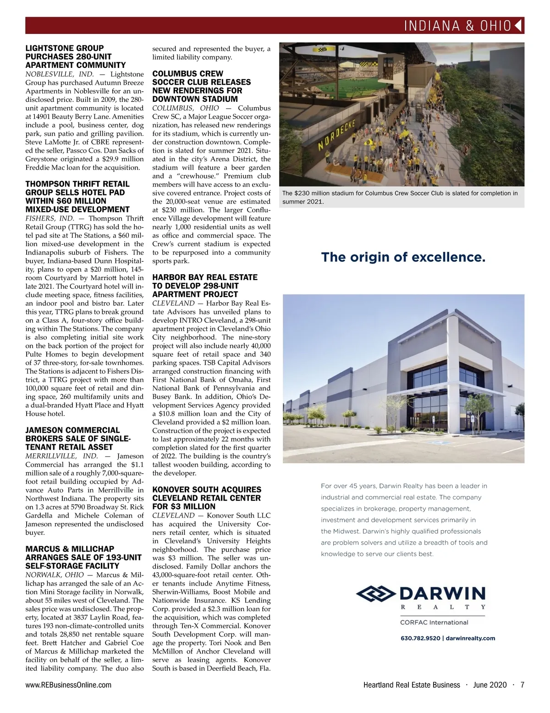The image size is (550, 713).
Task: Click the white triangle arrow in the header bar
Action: coord(519,26)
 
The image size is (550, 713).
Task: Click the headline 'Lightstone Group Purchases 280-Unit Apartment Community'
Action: coord(75,56)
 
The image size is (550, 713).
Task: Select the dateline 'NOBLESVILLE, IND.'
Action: coord(59,74)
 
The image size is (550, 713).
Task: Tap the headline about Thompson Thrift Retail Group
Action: coord(77,197)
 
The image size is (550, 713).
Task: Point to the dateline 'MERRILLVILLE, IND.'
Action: coord(61,456)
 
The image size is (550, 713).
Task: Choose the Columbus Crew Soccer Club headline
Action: coord(202,86)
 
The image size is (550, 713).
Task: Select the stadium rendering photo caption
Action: coord(400,197)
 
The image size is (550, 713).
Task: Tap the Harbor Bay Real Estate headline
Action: coord(204,286)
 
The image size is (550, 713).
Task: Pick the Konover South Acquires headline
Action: coord(206,498)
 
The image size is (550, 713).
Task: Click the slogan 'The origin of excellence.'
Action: coord(403,257)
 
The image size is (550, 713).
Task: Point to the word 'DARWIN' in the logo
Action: coord(443,593)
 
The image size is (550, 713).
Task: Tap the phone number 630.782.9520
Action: coord(420,638)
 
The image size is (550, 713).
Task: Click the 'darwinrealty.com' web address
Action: coord(470,638)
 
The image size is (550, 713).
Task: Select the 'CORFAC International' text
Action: coord(434,622)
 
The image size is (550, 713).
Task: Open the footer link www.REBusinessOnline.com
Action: coord(68,685)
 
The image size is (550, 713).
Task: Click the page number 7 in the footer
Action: coord(522,685)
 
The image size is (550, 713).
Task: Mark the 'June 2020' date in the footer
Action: coord(490,685)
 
